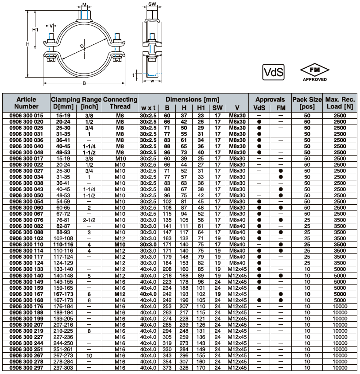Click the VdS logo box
(273, 71)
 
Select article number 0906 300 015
(26, 115)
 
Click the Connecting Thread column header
(120, 103)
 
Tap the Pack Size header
(307, 103)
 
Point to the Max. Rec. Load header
(341, 103)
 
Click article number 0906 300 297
(26, 368)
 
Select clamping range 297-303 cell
(62, 368)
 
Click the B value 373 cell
(167, 368)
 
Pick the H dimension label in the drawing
(27, 44)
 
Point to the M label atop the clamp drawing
(85, 5)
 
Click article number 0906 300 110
(26, 244)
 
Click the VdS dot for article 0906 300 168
(259, 300)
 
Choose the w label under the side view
(152, 81)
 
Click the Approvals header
(270, 99)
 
